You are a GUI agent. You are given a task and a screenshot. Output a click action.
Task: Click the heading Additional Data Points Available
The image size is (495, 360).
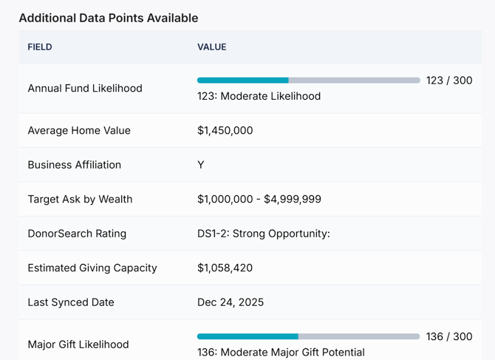(x=109, y=18)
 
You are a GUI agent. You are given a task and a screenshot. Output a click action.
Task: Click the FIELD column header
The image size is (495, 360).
(x=40, y=47)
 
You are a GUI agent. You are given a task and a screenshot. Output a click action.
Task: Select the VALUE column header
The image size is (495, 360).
(x=211, y=47)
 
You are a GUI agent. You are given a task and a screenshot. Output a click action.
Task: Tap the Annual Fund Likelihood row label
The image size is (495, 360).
(x=85, y=88)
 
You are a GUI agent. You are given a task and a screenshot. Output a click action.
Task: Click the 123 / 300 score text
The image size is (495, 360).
(x=449, y=81)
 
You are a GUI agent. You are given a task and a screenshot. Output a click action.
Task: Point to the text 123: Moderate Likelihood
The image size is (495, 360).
(x=259, y=96)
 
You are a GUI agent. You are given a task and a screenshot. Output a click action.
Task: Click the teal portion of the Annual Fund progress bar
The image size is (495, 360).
(x=242, y=81)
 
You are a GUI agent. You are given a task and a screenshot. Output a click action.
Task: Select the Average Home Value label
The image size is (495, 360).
(x=79, y=131)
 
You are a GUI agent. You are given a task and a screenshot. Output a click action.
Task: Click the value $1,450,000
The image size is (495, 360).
(x=225, y=131)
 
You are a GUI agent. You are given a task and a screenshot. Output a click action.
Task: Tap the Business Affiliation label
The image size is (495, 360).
(x=75, y=165)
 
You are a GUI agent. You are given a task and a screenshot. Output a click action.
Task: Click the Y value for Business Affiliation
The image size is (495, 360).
(x=201, y=165)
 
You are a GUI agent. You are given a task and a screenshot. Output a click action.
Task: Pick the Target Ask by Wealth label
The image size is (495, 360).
(x=80, y=200)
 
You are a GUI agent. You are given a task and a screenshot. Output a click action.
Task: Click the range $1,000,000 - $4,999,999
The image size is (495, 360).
(x=259, y=200)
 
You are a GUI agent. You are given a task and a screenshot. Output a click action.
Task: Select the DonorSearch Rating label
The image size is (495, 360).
(x=77, y=234)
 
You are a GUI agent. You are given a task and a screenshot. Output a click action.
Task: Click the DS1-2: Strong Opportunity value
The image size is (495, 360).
(x=263, y=234)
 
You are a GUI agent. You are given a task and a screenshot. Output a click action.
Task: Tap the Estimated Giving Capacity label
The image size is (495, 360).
(x=92, y=268)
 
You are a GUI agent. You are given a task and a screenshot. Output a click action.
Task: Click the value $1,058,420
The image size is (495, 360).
(x=225, y=268)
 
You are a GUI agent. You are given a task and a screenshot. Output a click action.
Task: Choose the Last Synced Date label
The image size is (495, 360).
(x=71, y=302)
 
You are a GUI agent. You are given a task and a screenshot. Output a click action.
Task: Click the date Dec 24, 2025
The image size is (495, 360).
(x=231, y=302)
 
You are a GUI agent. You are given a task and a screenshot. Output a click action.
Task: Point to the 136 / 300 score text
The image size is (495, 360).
(x=449, y=337)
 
